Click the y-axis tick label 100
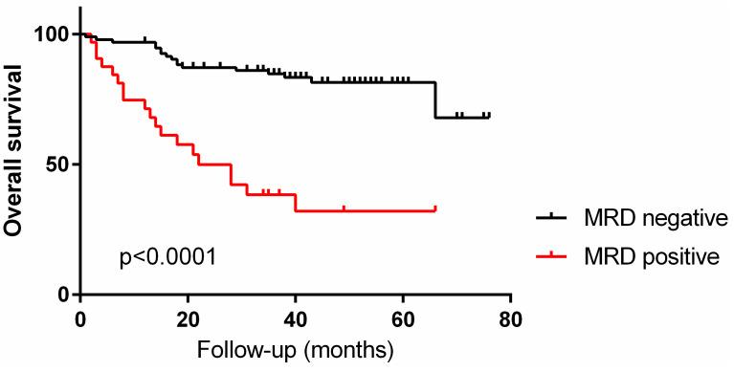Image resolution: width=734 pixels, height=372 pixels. [x=53, y=34]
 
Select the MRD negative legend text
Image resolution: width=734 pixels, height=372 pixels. [x=656, y=219]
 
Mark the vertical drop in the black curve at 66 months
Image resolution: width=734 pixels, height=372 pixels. [x=436, y=100]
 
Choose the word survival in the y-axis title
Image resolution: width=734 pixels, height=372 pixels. [x=13, y=114]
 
